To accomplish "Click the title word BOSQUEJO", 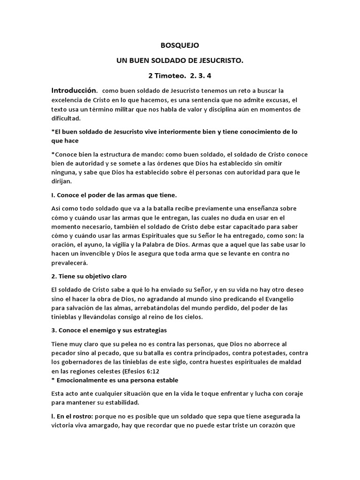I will [180, 45].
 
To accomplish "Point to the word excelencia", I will [69, 100].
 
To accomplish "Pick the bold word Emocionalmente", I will [82, 380].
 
